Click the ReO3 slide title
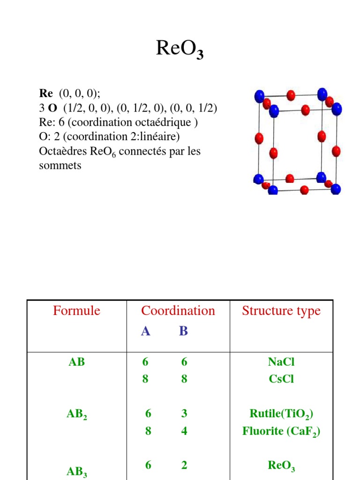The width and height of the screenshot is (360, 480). pos(180,49)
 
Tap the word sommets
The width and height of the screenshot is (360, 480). pos(60,165)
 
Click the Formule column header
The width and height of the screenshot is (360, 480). pos(76,311)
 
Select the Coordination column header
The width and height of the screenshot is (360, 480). pos(178,311)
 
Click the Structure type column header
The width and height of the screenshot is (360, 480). pos(281,311)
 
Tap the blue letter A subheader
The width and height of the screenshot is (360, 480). pos(146,331)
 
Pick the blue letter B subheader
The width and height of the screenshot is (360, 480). pos(183,331)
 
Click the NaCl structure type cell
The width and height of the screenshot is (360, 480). pos(281,362)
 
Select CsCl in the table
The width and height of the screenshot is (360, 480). pos(281,379)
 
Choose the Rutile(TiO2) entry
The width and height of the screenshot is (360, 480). pos(281,414)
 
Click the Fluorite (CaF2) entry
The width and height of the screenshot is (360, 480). pos(281,431)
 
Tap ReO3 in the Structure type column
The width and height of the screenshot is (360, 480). pos(281,465)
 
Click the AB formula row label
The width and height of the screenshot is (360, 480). pos(76,362)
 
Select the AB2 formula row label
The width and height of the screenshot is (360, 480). pos(76,414)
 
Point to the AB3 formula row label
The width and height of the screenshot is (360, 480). pos(76,472)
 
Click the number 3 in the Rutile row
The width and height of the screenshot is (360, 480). pos(184,413)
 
